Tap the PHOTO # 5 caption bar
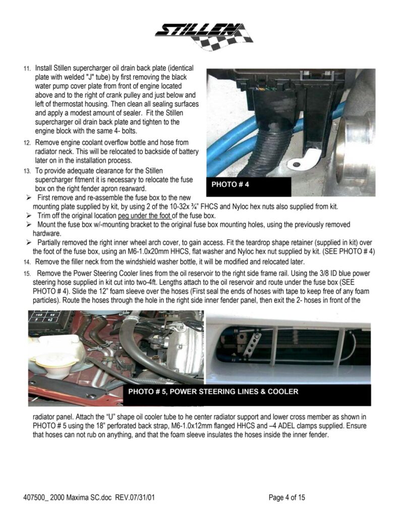click(213, 392)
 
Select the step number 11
click(27, 68)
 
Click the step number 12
click(27, 143)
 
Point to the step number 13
click(27, 171)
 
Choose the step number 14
click(27, 262)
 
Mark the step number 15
click(27, 273)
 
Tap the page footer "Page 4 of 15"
click(287, 498)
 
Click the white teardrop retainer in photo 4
click(303, 160)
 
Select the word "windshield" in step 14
click(133, 262)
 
